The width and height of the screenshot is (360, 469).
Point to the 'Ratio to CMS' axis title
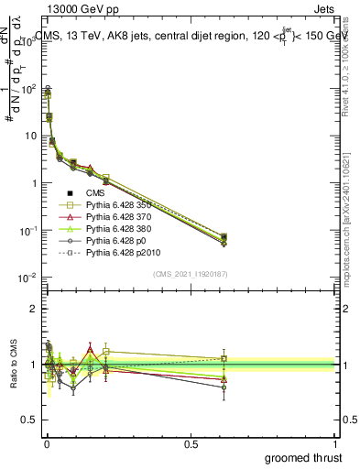coord(12,365)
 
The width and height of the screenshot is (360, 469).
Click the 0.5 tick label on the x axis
coord(192,444)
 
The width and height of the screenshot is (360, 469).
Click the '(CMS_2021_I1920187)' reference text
coord(191,274)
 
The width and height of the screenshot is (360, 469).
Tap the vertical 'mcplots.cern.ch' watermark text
coord(349,229)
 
